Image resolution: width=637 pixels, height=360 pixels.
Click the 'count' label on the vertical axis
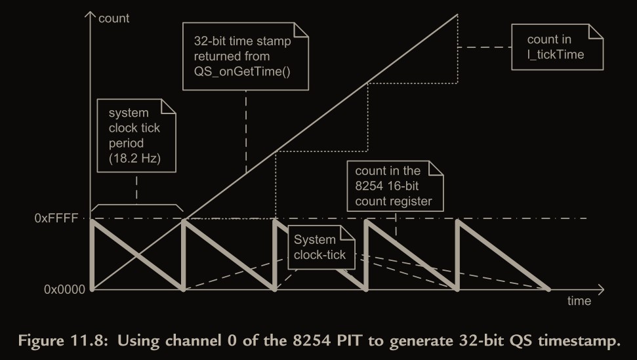(113, 18)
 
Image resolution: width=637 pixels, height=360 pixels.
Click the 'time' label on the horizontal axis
(579, 301)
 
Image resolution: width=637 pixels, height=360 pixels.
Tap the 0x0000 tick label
(60, 289)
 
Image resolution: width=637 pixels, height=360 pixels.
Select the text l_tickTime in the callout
(556, 54)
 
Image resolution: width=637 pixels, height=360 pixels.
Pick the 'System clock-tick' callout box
(320, 247)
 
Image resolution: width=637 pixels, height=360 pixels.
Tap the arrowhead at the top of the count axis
(90, 14)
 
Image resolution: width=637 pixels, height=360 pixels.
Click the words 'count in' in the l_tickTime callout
(549, 39)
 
